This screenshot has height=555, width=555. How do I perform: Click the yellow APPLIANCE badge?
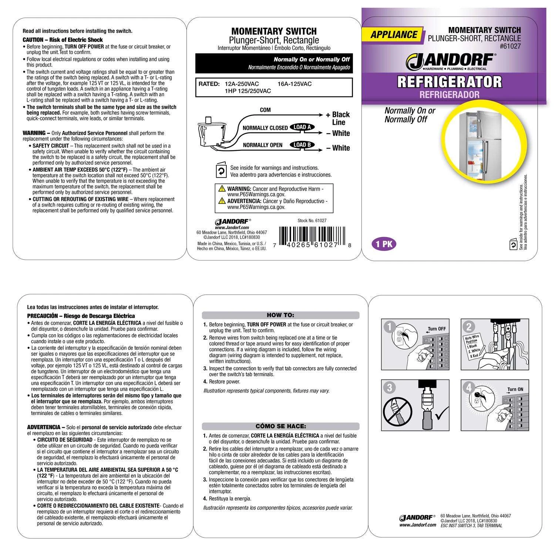pos(394,35)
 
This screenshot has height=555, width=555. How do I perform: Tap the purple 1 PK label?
pos(384,244)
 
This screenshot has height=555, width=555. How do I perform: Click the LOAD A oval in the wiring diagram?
pos(302,127)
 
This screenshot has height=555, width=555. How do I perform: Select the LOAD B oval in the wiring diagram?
pos(302,145)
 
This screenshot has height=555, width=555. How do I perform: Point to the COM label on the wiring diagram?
pos(265,110)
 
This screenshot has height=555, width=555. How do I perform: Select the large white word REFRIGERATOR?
pos(449,82)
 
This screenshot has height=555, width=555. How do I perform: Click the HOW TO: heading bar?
pos(280,315)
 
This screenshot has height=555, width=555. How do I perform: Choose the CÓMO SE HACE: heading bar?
pos(280,426)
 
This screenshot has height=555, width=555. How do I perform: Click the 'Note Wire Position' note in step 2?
pos(472,346)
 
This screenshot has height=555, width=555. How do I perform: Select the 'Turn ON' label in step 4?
pos(515,389)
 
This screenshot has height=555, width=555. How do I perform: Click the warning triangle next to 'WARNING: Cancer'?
pos(222,189)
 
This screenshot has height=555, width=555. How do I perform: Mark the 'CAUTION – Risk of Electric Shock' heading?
pos(63,40)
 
